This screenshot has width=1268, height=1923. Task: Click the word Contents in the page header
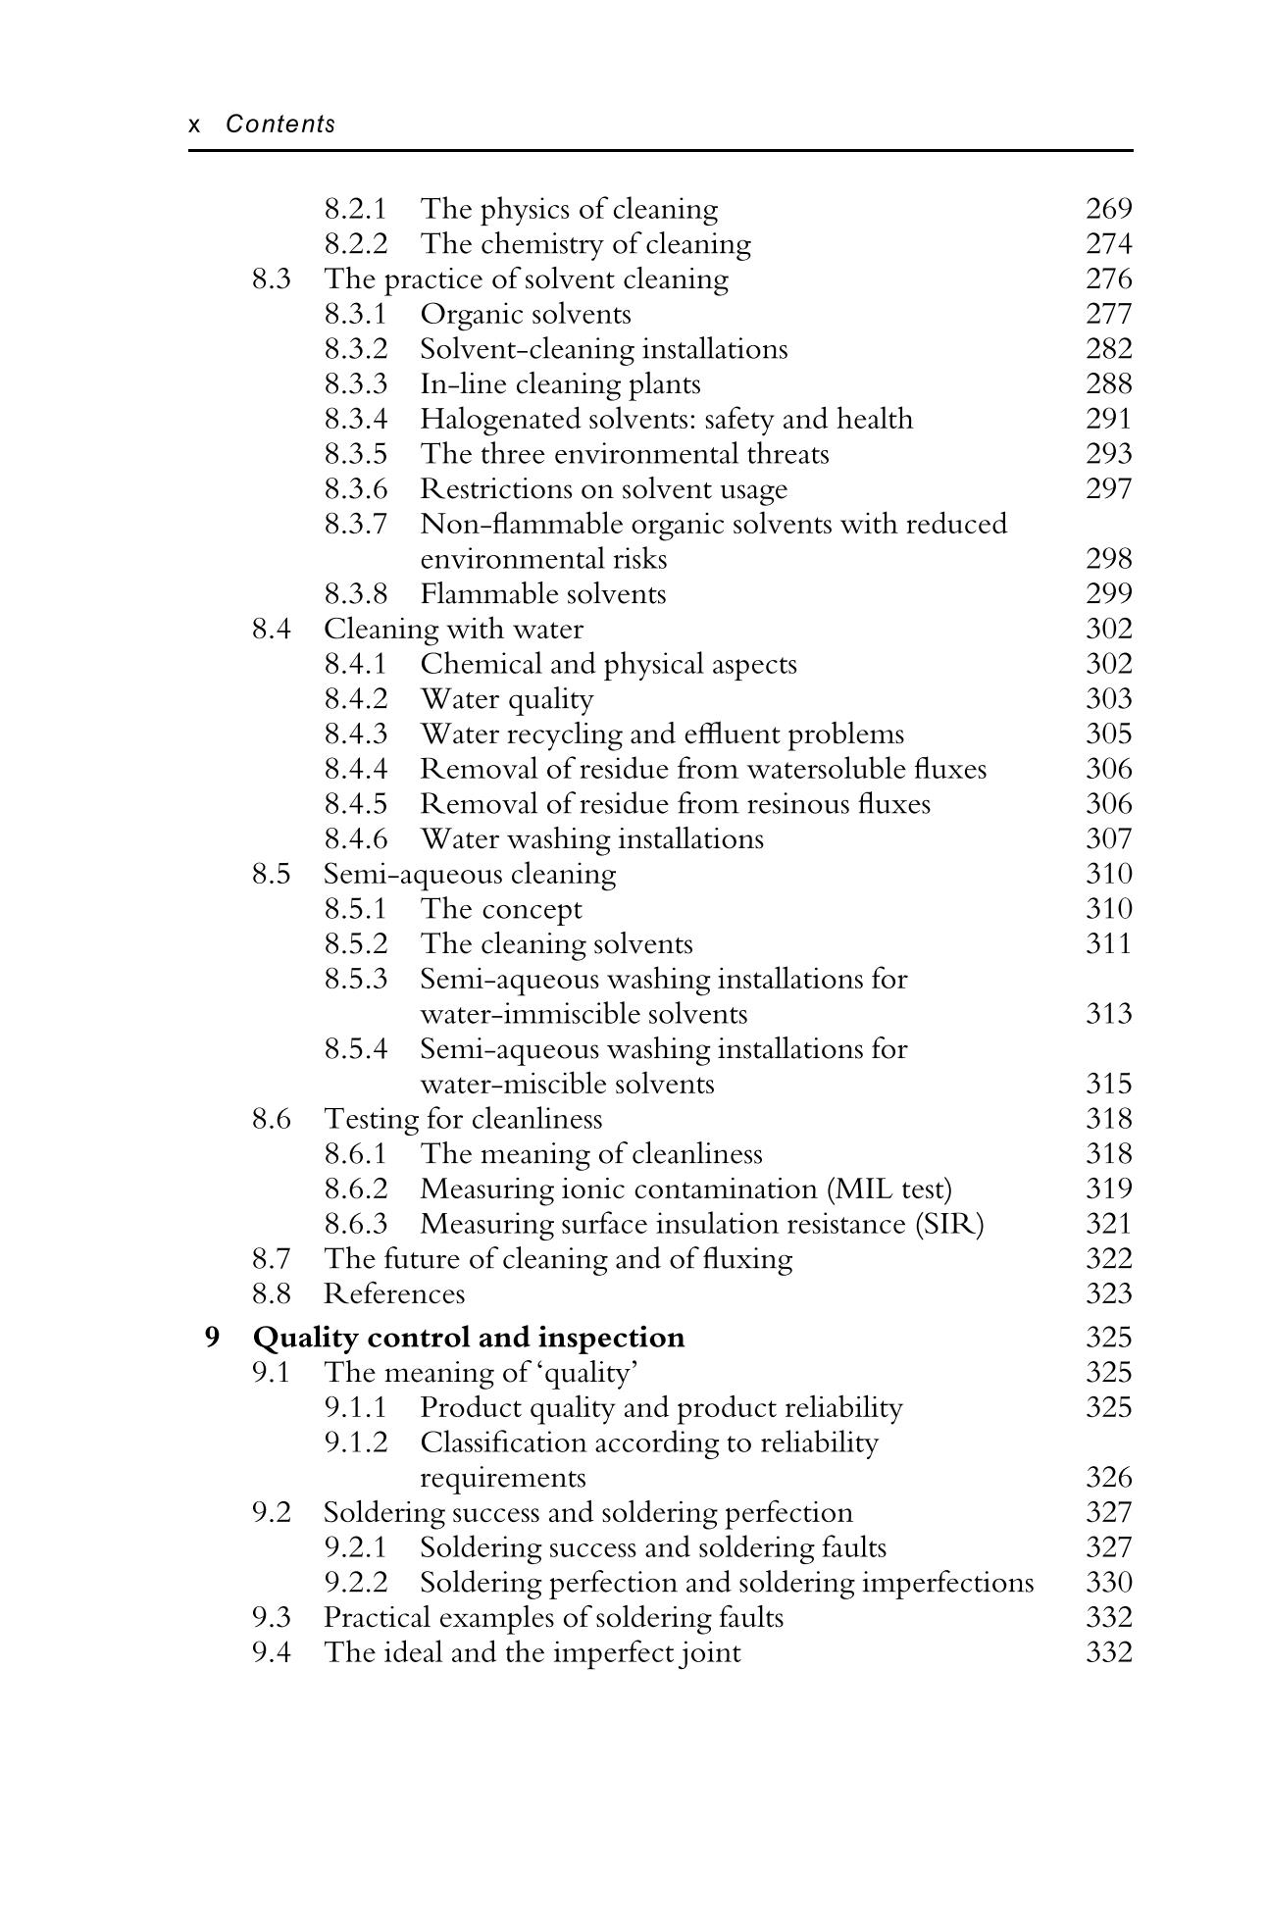280,125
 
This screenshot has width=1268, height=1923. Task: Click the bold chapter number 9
212,1337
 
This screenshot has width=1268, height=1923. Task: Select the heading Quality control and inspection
469,1338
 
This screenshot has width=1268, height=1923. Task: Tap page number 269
1108,209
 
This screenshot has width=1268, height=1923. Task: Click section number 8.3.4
355,419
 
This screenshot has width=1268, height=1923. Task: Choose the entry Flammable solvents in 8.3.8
542,594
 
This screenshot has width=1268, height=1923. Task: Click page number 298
1108,559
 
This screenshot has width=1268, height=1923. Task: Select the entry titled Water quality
506,699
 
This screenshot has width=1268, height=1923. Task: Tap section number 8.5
271,874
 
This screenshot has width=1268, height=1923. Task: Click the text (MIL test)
889,1189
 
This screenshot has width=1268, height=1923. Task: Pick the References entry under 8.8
394,1294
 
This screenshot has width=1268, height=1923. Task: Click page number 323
1108,1294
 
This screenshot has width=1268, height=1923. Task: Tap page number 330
1108,1583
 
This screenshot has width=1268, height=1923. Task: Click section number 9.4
271,1652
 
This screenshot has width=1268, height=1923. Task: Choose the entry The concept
500,909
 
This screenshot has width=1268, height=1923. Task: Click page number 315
1108,1084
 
